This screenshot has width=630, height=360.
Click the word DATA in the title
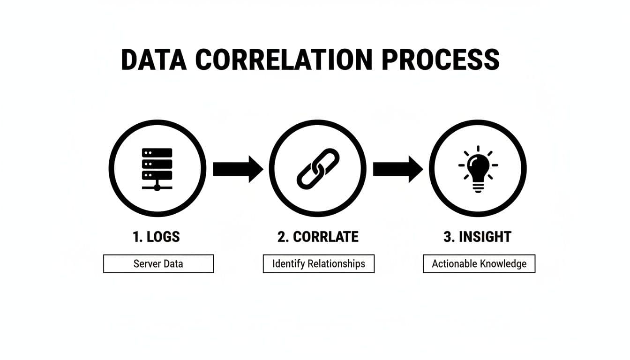pos(154,60)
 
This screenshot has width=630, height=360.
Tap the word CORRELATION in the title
pos(284,60)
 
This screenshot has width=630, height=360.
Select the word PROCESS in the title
pos(441,60)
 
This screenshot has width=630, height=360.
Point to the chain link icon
pos(318,169)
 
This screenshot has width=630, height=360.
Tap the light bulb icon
pos(478,169)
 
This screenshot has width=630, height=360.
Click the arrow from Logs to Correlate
pos(238,169)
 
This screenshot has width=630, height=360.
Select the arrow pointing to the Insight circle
pos(398,169)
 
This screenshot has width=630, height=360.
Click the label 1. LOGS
pos(156,237)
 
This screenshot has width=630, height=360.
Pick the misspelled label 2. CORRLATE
pos(318,237)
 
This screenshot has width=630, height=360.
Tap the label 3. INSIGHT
pos(477,237)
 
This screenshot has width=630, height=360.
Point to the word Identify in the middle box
pos(288,264)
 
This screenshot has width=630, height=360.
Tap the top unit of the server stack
pos(157,153)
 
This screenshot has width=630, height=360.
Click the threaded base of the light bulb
pos(478,187)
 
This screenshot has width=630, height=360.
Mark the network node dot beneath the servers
pos(157,187)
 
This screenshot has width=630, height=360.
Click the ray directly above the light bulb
pos(478,149)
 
